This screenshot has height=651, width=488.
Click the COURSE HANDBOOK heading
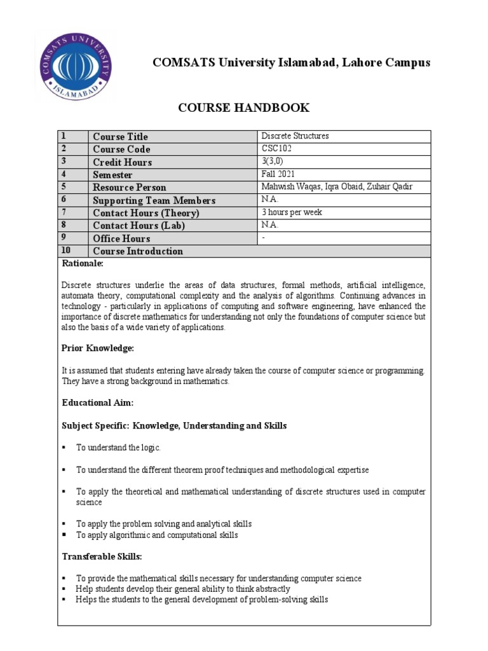[243, 107]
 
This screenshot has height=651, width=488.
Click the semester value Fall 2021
[278, 174]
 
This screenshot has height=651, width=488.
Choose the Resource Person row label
[130, 188]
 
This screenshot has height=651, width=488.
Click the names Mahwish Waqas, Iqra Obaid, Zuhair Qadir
[336, 187]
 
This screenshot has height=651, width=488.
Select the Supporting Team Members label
[154, 200]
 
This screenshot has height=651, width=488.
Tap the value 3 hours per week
[292, 212]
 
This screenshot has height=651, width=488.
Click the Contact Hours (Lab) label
[139, 226]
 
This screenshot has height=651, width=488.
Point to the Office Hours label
[121, 238]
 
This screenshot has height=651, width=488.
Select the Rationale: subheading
[82, 263]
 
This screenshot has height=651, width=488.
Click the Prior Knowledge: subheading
[97, 348]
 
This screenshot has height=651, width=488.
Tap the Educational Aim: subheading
[97, 403]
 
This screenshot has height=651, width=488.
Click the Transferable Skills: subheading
[102, 556]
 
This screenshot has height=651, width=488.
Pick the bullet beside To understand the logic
[64, 448]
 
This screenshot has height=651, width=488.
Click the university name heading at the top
[291, 62]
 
